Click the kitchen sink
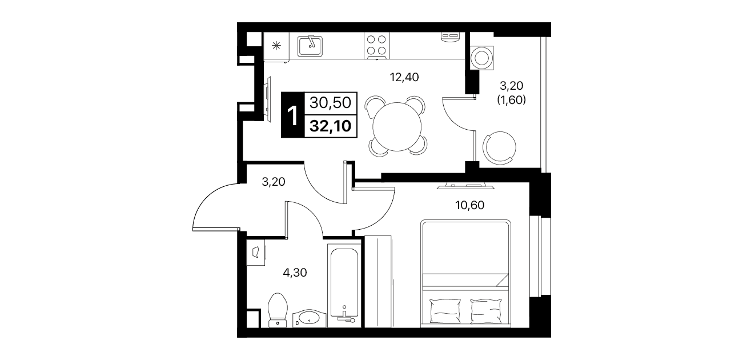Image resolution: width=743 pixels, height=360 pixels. click(310, 46)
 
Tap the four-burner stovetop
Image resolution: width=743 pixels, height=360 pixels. click(377, 46)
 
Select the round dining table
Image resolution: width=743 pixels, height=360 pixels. click(397, 127)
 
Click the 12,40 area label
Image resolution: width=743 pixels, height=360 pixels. click(404, 77)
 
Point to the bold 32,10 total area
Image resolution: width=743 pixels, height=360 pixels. click(330, 126)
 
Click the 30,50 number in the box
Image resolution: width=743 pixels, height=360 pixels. click(330, 103)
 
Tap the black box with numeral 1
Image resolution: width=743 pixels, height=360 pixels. click(293, 115)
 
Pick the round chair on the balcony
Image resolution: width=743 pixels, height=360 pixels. click(500, 147)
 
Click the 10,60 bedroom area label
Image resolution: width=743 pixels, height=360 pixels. click(469, 205)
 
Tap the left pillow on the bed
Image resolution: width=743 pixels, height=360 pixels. click(445, 311)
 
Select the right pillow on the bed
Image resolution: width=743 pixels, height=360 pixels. click(486, 311)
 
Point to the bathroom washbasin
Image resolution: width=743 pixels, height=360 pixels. click(309, 318)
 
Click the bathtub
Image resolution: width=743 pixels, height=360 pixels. click(344, 286)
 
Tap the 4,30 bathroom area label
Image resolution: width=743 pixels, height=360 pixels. click(295, 273)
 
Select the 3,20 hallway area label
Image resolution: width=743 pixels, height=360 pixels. click(274, 182)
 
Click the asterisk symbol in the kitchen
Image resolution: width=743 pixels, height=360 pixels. click(276, 46)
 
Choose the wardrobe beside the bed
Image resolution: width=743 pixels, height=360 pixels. click(378, 281)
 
